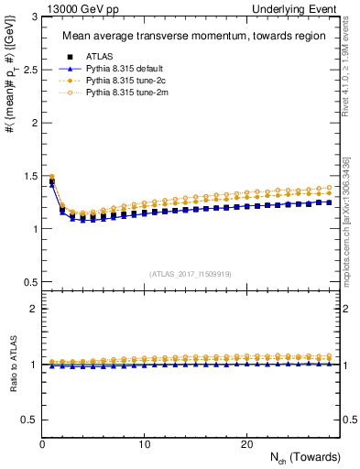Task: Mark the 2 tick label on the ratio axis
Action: pyautogui.click(x=33, y=309)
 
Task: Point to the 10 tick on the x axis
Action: pyautogui.click(x=145, y=444)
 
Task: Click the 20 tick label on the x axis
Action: pyautogui.click(x=246, y=444)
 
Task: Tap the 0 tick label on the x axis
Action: pyautogui.click(x=42, y=444)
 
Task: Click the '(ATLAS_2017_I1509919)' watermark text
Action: pyautogui.click(x=191, y=273)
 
